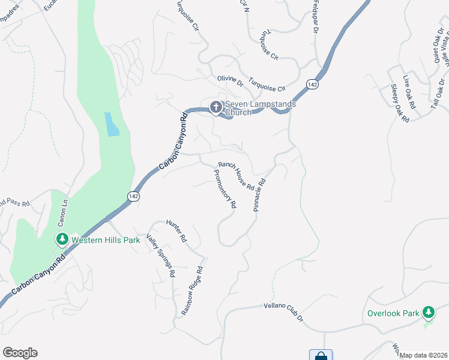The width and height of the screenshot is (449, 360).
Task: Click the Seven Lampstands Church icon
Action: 215,107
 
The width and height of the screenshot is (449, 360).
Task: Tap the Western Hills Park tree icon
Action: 62,240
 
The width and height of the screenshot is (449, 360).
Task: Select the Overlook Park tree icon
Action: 428,313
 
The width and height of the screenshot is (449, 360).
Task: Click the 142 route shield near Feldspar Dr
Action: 311,85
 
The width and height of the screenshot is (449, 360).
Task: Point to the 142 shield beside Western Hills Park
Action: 133,196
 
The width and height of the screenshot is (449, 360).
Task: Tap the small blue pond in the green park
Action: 112,124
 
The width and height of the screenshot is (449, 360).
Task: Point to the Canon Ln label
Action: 61,214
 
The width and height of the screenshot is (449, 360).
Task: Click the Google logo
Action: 20,353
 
